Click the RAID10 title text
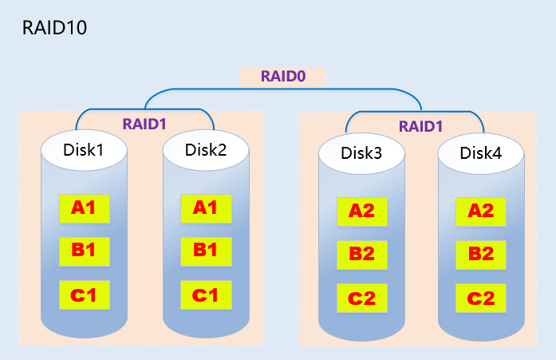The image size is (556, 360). pyautogui.click(x=53, y=29)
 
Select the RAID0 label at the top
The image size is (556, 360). pyautogui.click(x=284, y=77)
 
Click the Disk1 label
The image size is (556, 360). pyautogui.click(x=84, y=149)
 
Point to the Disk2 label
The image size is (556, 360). pyautogui.click(x=206, y=149)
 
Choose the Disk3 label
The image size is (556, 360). pyautogui.click(x=361, y=153)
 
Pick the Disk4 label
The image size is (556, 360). pyautogui.click(x=481, y=153)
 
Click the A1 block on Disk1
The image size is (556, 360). pyautogui.click(x=84, y=208)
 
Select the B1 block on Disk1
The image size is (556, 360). pyautogui.click(x=84, y=251)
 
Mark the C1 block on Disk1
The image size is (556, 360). pyautogui.click(x=84, y=295)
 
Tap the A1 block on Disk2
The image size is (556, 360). pyautogui.click(x=205, y=208)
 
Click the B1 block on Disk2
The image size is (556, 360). pyautogui.click(x=205, y=251)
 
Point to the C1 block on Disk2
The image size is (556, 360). pyautogui.click(x=205, y=295)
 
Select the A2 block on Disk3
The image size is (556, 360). pyautogui.click(x=361, y=212)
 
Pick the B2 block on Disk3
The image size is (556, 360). pyautogui.click(x=361, y=255)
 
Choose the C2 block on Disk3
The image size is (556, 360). pyautogui.click(x=361, y=299)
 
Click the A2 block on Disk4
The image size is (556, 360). pyautogui.click(x=480, y=212)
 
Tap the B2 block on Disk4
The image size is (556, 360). pyautogui.click(x=480, y=255)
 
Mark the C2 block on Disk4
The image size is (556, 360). pyautogui.click(x=480, y=299)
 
